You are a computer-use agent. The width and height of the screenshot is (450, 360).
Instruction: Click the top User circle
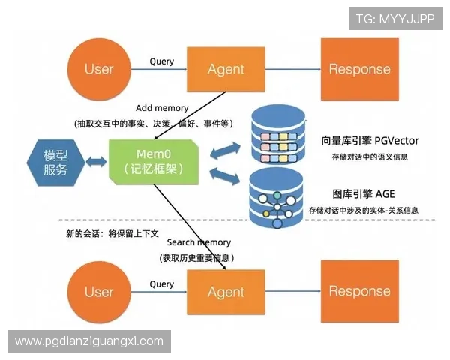(x=98, y=69)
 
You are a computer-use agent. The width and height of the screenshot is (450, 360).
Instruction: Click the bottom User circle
(x=98, y=291)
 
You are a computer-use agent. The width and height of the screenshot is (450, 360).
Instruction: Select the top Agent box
(x=226, y=69)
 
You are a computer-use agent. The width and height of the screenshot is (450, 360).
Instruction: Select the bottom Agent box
(x=226, y=291)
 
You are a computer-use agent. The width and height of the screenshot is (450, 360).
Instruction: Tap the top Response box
(x=359, y=69)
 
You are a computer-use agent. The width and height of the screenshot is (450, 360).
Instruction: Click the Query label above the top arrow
(x=161, y=61)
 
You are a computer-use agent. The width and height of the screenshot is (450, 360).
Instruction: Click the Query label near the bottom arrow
(x=161, y=283)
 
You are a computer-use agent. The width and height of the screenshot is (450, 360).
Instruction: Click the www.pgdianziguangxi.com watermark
(x=89, y=341)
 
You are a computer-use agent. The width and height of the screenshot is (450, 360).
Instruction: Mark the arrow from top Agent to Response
(x=292, y=69)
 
